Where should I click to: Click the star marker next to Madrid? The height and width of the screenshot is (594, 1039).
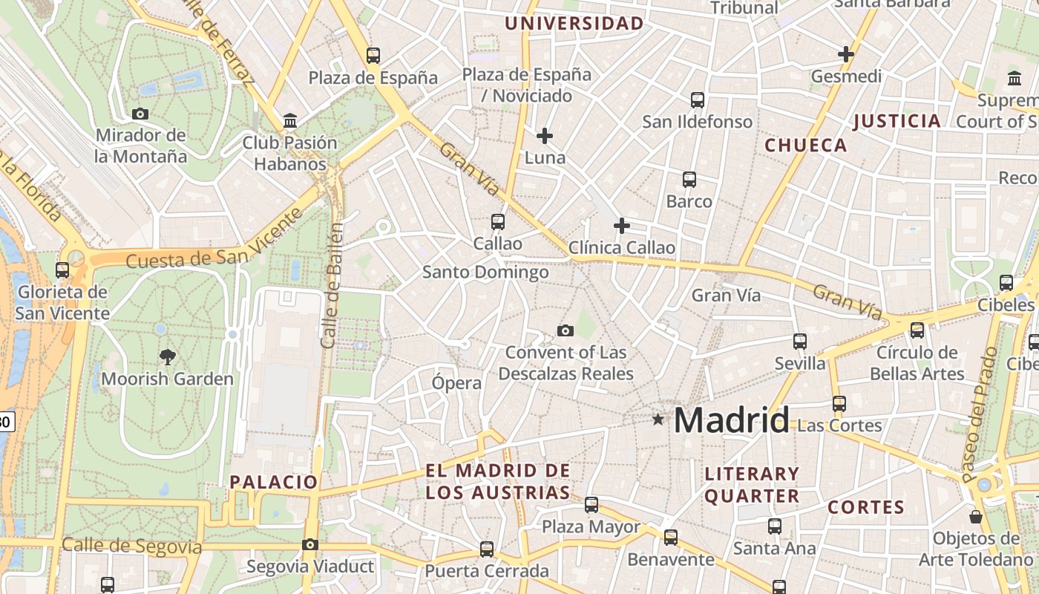(x=658, y=420)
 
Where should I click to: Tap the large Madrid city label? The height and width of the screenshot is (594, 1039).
(x=731, y=420)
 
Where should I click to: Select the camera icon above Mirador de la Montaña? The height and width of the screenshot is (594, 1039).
(x=140, y=114)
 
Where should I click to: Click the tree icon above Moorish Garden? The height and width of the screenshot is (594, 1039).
(x=168, y=357)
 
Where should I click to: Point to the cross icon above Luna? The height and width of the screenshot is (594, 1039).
(x=545, y=136)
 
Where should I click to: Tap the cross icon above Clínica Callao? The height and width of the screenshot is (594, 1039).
(x=622, y=226)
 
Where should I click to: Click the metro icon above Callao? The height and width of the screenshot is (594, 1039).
(x=498, y=221)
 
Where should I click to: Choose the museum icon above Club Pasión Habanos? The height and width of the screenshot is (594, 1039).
(x=290, y=120)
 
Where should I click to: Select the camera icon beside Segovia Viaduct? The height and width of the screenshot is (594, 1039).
(x=310, y=545)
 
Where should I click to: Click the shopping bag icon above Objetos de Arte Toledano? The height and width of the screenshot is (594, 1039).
(x=976, y=517)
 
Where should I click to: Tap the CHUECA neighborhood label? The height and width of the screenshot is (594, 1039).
(x=805, y=146)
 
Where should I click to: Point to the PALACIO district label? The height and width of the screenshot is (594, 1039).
(x=274, y=482)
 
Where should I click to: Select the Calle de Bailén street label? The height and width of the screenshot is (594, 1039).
(x=332, y=285)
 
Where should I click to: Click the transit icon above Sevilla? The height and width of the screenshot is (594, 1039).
(x=800, y=342)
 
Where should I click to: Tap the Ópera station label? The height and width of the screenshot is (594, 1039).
(x=456, y=383)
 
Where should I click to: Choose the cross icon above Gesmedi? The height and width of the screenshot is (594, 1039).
(x=846, y=54)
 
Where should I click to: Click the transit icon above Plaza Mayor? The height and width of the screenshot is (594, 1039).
(x=591, y=505)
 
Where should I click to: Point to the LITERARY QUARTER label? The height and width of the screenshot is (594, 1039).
(x=752, y=485)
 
